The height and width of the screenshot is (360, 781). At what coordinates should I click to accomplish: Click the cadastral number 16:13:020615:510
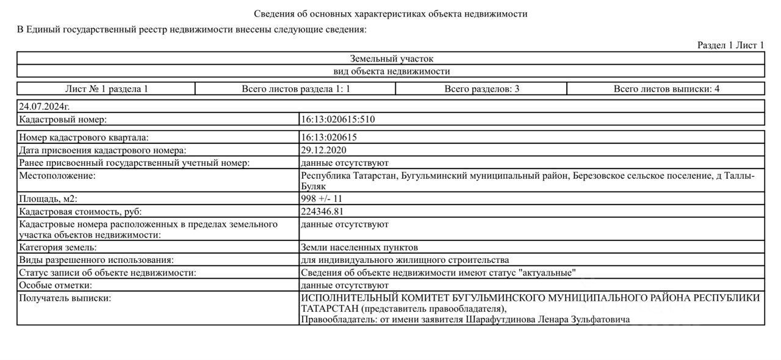pyautogui.click(x=337, y=120)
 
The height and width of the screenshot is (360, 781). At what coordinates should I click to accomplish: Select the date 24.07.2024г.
pyautogui.click(x=45, y=107)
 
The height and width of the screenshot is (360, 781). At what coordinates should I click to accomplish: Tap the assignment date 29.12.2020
pyautogui.click(x=323, y=150)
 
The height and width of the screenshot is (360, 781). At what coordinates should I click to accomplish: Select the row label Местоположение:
pyautogui.click(x=58, y=176)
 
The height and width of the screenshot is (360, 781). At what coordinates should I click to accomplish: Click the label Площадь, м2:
pyautogui.click(x=48, y=199)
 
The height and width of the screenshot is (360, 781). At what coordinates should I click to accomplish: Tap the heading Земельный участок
pyautogui.click(x=391, y=59)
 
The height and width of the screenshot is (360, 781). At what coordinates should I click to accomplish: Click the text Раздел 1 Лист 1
pyautogui.click(x=730, y=45)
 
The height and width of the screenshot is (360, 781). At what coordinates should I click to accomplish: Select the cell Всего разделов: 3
pyautogui.click(x=481, y=89)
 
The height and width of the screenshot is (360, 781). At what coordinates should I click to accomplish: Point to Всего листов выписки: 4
pyautogui.click(x=666, y=89)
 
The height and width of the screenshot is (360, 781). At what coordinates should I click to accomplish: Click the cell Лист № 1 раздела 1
pyautogui.click(x=106, y=89)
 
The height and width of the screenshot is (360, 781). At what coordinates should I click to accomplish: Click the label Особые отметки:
pyautogui.click(x=55, y=285)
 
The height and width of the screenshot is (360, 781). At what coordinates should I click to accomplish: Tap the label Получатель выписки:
pyautogui.click(x=65, y=298)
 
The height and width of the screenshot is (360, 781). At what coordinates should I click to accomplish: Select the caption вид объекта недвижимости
pyautogui.click(x=391, y=71)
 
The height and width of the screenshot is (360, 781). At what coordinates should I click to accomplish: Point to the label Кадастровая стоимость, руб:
pyautogui.click(x=80, y=211)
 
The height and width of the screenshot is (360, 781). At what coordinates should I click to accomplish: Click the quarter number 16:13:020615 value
pyautogui.click(x=328, y=138)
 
